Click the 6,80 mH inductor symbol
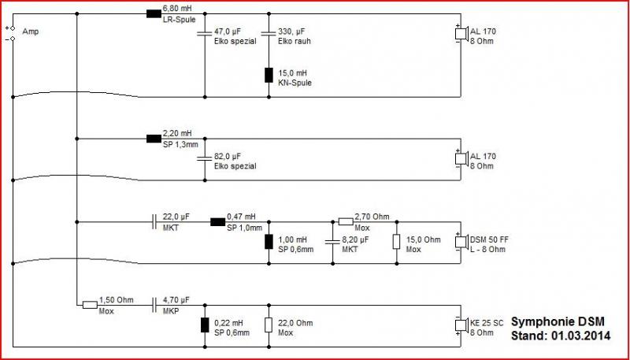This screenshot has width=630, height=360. (154, 14)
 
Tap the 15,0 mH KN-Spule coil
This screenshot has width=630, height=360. (269, 76)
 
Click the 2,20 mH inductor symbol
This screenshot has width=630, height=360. (154, 139)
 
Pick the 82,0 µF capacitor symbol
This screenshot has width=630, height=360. (205, 158)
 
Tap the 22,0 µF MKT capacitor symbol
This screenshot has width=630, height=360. (154, 222)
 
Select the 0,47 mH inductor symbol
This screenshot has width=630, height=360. (218, 222)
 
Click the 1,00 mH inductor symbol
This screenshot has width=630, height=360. (269, 243)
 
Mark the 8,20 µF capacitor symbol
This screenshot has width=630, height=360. (332, 243)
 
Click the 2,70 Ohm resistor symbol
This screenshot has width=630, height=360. (346, 222)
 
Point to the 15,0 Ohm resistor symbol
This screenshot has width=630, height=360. (397, 243)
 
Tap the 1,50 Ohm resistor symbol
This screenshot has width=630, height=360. (90, 305)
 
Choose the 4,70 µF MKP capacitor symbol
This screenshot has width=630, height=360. (154, 305)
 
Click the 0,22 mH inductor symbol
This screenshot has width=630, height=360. (205, 325)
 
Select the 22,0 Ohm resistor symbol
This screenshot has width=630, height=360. (269, 325)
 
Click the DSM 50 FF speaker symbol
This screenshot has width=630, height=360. (461, 243)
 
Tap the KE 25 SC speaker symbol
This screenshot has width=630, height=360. (461, 325)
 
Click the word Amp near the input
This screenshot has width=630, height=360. (31, 32)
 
